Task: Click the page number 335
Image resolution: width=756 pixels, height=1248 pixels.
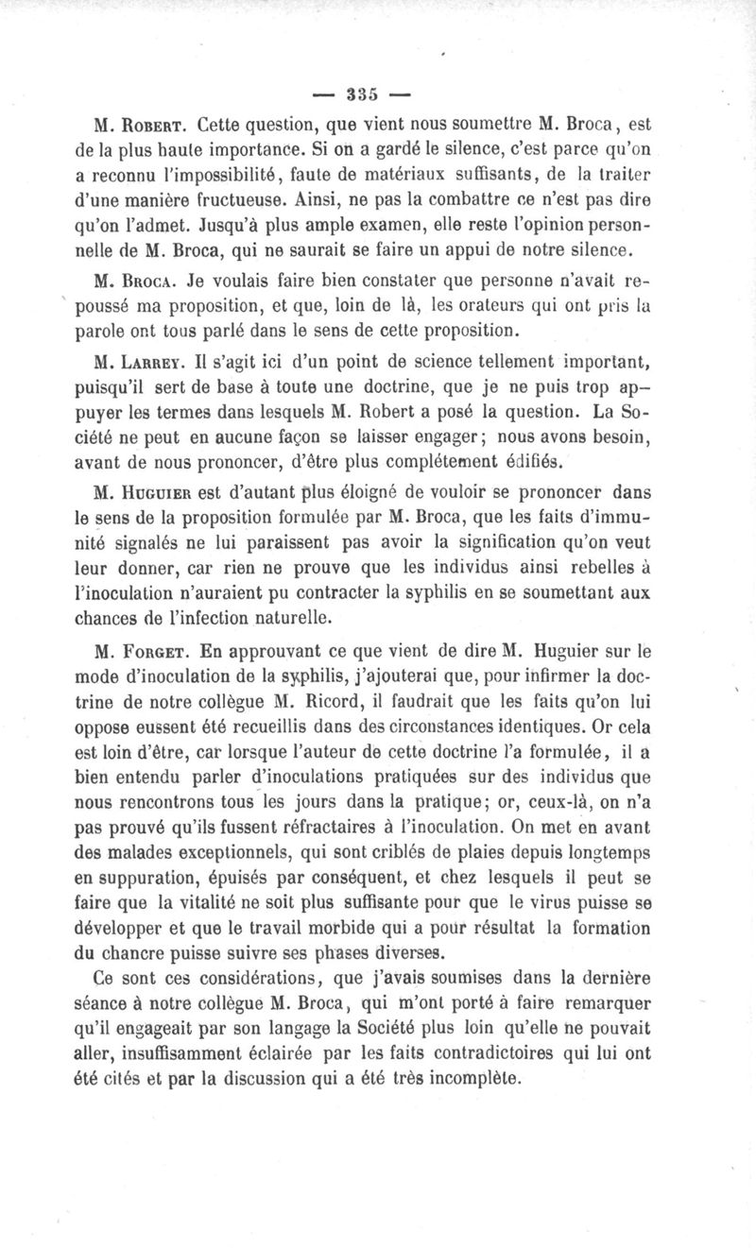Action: coord(362,94)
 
